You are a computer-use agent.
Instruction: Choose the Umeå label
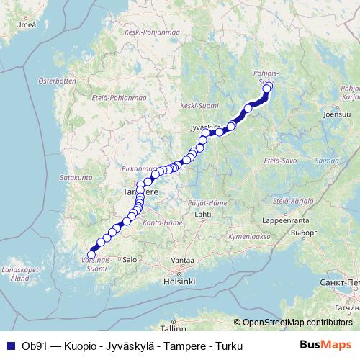pyautogui.click(x=25, y=25)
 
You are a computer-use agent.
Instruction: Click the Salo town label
pyautogui.click(x=130, y=258)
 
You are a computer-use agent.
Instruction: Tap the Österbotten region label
pyautogui.click(x=57, y=81)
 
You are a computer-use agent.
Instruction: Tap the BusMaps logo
pyautogui.click(x=326, y=346)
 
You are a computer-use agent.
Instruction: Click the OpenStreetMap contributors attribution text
pyautogui.click(x=299, y=323)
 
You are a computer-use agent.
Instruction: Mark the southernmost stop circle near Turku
pyautogui.click(x=91, y=254)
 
